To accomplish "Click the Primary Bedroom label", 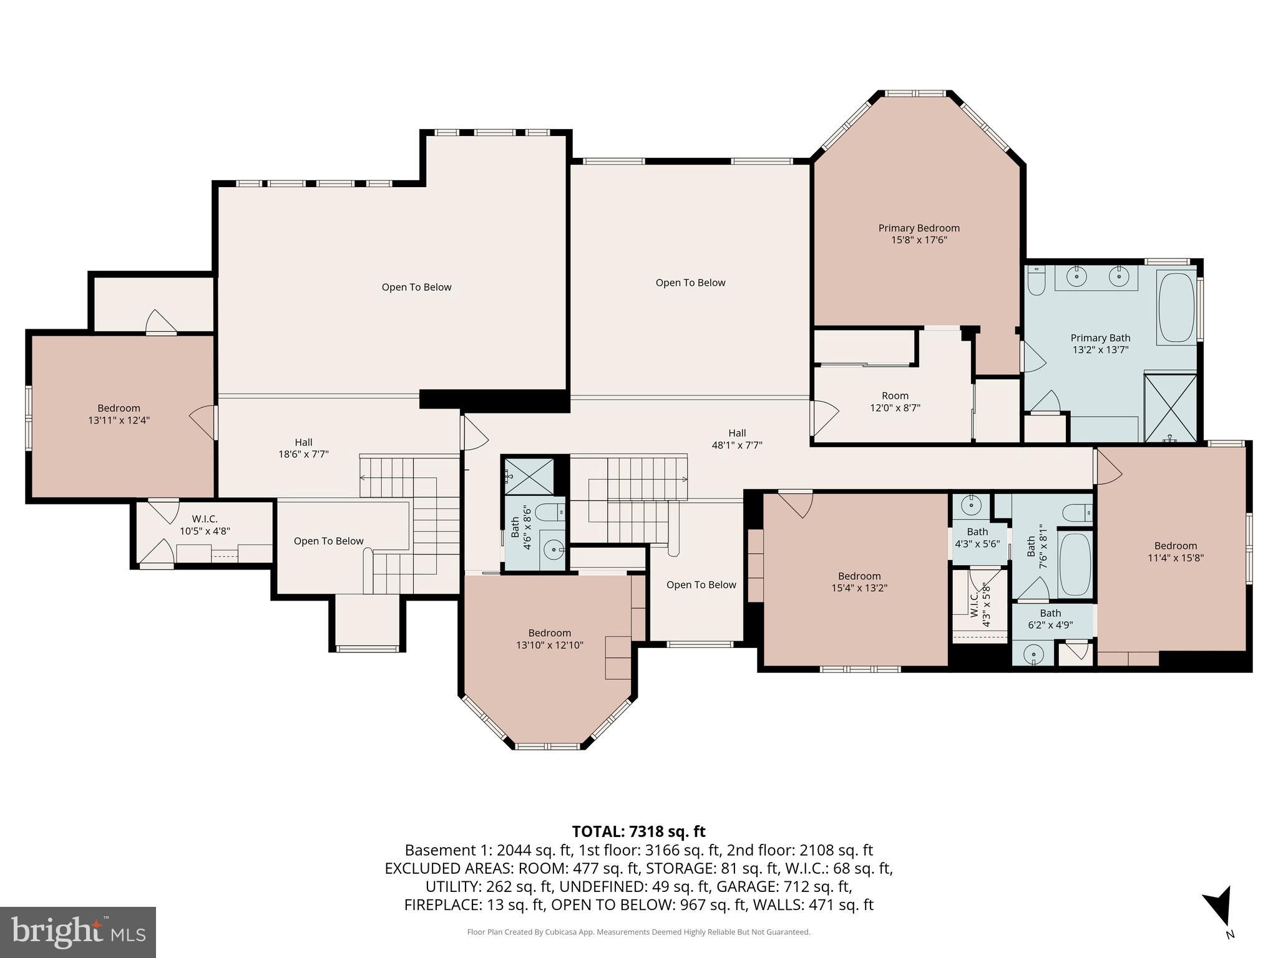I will [x=919, y=234].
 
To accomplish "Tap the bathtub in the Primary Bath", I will [x=1176, y=307].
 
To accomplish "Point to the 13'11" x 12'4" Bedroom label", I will [x=119, y=414].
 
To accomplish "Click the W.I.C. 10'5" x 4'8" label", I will [x=205, y=525].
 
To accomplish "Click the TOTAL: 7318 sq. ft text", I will [x=638, y=831].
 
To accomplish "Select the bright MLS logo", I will [x=78, y=932].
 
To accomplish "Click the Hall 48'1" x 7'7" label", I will [x=737, y=439].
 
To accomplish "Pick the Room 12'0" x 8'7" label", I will [x=895, y=402].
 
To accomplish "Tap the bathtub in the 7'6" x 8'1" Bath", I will [x=1075, y=564].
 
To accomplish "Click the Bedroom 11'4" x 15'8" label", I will [x=1175, y=551].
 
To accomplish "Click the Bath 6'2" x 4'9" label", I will [x=1050, y=619].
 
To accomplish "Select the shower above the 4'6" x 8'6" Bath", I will [x=529, y=476].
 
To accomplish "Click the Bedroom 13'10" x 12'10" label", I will [x=549, y=639].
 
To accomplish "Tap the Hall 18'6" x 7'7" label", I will [x=303, y=448].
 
